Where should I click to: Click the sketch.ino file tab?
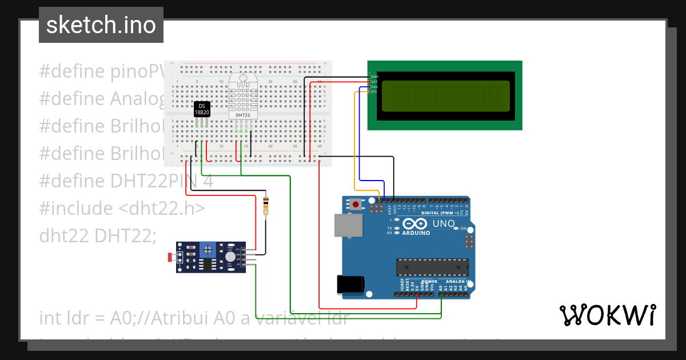point(101,25)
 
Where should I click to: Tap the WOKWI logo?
point(607,315)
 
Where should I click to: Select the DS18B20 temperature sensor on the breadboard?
point(202,110)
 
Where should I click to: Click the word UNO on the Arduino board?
point(443,223)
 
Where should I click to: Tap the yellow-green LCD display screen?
point(445,96)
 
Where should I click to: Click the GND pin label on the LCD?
point(374,76)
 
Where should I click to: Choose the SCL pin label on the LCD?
point(374,91)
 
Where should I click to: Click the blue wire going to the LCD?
point(384,183)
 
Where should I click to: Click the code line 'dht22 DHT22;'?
point(98,235)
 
